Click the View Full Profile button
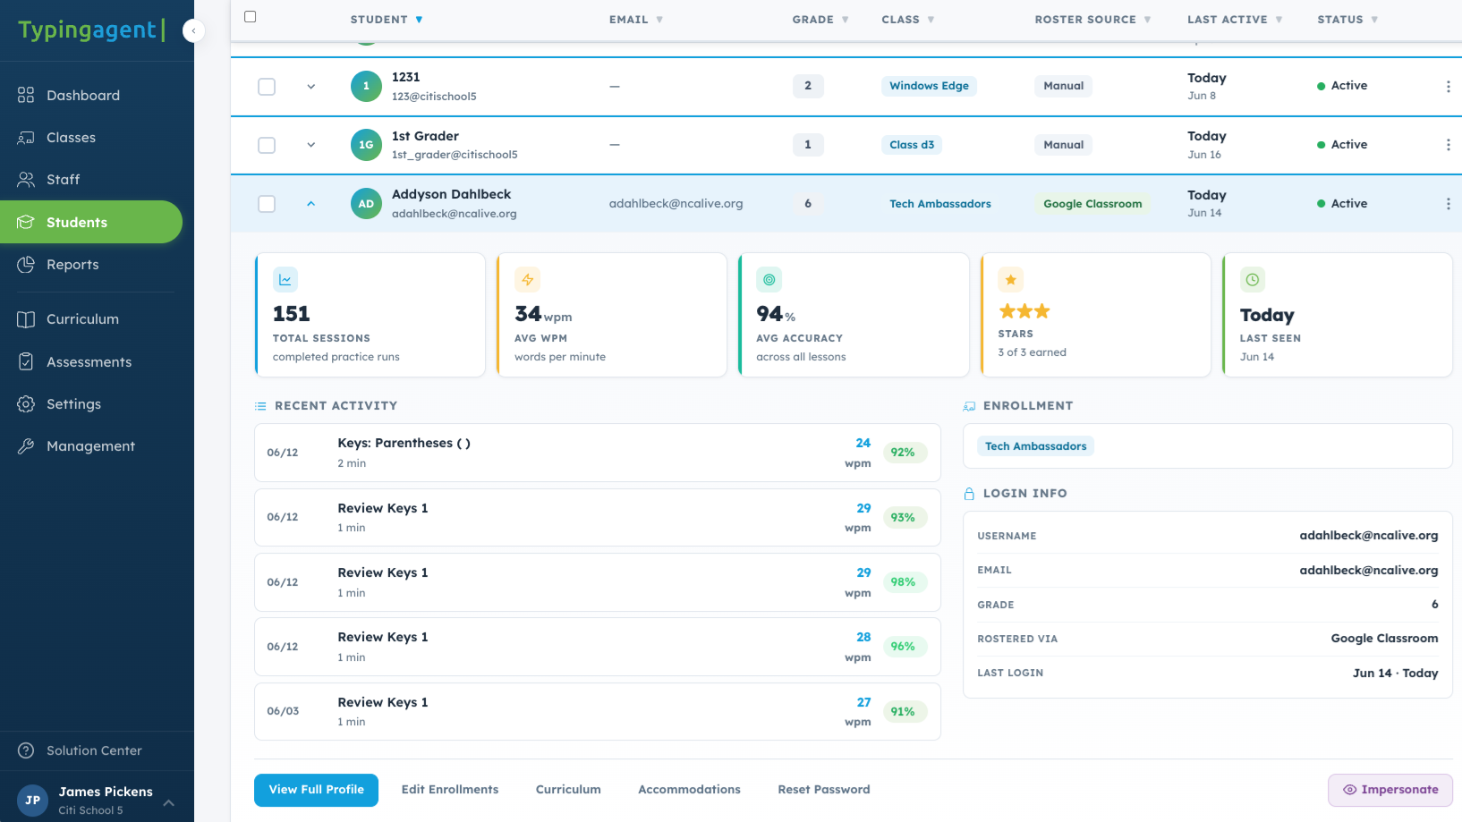316,790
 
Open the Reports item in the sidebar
72,264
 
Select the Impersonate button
1390,790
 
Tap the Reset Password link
824,790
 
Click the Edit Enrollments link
450,790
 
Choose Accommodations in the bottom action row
689,790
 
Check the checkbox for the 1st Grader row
267,145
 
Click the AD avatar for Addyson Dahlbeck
366,204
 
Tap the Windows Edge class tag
929,86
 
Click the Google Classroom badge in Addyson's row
1092,204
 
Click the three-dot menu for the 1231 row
1448,86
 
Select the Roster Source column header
1085,20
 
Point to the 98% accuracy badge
903,582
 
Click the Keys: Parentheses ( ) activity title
404,443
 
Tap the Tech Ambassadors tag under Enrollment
1036,446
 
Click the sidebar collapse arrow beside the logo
193,30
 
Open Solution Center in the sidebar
94,750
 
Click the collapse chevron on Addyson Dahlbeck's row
310,204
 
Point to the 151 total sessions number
291,314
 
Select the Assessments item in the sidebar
89,362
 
